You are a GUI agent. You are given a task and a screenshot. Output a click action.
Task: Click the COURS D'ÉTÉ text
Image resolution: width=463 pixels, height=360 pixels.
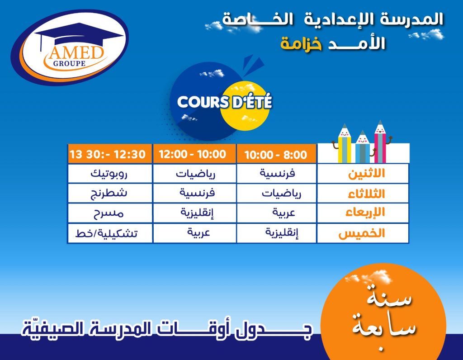(224, 102)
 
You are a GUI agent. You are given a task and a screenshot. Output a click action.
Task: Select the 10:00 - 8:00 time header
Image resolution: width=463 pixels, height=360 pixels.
(276, 155)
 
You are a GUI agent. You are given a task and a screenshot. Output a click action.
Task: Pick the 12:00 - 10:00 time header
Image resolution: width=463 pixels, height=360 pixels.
(193, 154)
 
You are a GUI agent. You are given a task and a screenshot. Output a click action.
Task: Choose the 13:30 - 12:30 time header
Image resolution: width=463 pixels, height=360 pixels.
(108, 154)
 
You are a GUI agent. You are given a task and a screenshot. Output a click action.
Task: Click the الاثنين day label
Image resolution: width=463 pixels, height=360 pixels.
(366, 173)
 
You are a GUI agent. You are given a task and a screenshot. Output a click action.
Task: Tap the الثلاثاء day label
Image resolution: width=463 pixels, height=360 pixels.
(366, 194)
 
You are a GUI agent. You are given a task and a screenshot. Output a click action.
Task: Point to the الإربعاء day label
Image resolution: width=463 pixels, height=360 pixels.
(365, 213)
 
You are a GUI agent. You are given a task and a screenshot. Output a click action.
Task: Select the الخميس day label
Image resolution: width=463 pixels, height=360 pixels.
(362, 233)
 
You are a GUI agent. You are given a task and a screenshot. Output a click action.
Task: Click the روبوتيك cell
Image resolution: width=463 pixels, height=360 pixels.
(110, 173)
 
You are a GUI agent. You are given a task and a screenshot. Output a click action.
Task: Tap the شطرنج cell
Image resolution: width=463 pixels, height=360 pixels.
(110, 193)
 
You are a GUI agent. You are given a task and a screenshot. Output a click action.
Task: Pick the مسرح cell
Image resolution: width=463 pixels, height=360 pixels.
(110, 213)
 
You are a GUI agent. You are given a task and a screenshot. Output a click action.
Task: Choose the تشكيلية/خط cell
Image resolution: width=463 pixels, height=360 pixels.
(110, 233)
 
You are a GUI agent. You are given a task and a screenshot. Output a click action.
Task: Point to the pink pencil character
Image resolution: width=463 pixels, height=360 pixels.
(381, 142)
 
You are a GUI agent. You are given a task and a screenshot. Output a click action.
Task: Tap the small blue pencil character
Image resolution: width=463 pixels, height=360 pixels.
(363, 147)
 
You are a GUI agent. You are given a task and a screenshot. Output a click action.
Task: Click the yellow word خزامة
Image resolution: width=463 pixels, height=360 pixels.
(301, 43)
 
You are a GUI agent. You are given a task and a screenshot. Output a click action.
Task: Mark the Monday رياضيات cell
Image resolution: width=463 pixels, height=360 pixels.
(195, 173)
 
